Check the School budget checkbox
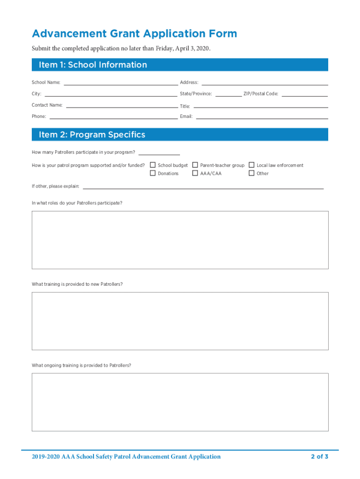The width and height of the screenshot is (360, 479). (152, 165)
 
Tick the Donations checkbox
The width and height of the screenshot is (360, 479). (152, 173)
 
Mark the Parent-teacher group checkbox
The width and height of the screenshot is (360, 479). (195, 165)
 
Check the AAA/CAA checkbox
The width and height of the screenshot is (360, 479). (195, 173)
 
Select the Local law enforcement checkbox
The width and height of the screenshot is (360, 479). (252, 165)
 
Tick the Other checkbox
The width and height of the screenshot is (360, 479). (252, 173)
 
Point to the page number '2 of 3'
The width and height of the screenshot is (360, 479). (320, 457)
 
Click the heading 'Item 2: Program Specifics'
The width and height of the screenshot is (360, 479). (92, 135)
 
